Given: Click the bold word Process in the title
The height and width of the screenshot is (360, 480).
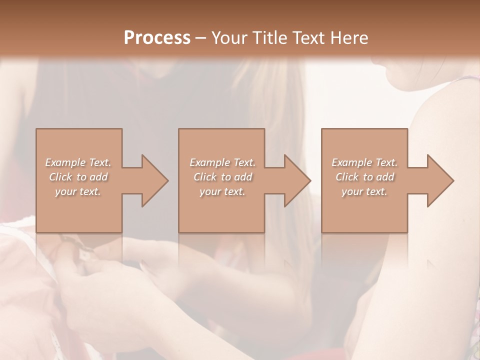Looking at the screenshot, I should tap(157, 38).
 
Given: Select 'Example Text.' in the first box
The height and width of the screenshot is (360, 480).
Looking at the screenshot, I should tap(78, 162).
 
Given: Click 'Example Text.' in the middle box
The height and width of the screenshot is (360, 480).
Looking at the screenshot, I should tap(222, 162).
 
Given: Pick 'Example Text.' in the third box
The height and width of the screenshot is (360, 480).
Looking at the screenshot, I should tap(364, 162).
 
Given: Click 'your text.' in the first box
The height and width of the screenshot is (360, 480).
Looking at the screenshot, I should tap(78, 191).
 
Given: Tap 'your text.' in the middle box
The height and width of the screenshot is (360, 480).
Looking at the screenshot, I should tap(222, 191).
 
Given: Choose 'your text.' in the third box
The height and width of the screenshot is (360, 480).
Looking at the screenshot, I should tap(364, 191).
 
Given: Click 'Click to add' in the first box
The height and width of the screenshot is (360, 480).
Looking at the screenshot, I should tap(78, 177).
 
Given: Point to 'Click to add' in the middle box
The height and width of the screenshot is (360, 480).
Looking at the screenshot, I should tap(222, 177).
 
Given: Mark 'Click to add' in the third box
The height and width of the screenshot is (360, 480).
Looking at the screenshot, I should tap(364, 177).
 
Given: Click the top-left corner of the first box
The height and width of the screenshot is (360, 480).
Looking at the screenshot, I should tap(36, 129).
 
